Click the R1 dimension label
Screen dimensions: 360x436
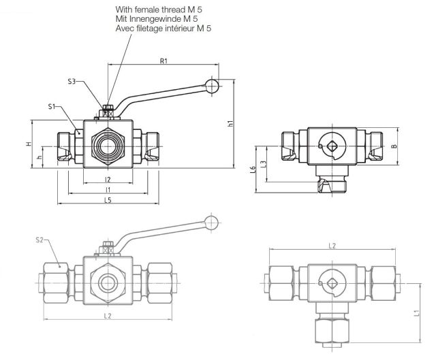[x=163, y=61]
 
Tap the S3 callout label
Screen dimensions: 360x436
[x=72, y=82]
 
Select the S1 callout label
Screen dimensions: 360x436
[x=52, y=107]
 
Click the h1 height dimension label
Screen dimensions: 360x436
[x=231, y=124]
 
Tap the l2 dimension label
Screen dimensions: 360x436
[x=108, y=179]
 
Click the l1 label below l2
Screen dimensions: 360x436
[x=108, y=189]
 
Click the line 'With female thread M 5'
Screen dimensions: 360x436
[x=159, y=10]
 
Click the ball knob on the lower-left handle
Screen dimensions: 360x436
[x=213, y=223]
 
